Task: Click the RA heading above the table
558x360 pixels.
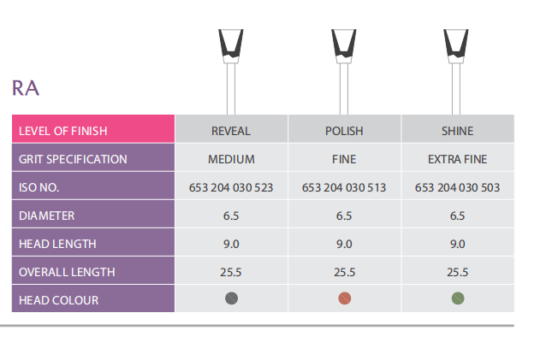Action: click(26, 88)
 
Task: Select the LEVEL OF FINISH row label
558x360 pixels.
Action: click(63, 131)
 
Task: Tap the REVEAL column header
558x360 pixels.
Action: click(231, 131)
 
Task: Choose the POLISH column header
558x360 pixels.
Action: click(344, 131)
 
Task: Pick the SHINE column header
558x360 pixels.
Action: click(457, 131)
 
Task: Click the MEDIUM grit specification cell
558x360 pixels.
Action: click(231, 159)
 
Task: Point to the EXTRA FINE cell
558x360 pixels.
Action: click(457, 159)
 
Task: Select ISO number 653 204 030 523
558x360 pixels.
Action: click(231, 187)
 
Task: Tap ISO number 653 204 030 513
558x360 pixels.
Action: click(344, 187)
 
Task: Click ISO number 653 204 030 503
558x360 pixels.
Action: click(457, 187)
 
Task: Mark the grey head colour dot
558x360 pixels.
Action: click(231, 298)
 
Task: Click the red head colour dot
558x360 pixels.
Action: click(345, 298)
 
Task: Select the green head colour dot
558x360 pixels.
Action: click(458, 298)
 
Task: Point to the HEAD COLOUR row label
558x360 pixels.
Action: click(59, 300)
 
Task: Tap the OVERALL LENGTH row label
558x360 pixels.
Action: click(67, 272)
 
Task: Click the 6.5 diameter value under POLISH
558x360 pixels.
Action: click(344, 215)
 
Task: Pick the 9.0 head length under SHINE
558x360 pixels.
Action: click(457, 244)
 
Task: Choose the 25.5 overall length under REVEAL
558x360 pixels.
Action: click(230, 272)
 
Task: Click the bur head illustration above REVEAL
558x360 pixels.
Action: click(231, 46)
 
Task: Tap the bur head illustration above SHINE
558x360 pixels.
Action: click(456, 46)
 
